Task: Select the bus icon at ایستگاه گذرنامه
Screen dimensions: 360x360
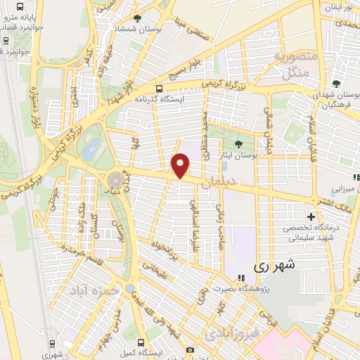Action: (159, 89)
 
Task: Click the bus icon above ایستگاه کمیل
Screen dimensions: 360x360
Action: (131, 333)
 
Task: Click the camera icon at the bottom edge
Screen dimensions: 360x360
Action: (190, 349)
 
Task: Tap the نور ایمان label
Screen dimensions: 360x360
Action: (337, 7)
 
